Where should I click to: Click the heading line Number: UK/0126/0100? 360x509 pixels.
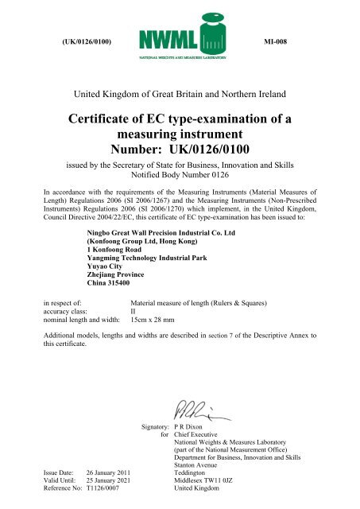180,149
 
